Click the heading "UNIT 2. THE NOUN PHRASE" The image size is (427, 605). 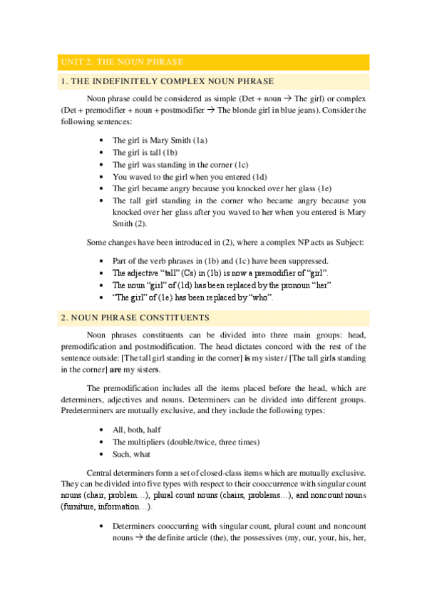tap(122, 63)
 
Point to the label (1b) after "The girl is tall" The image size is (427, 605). tap(170, 153)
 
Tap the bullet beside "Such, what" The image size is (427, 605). tap(105, 454)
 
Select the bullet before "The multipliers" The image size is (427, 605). tap(105, 442)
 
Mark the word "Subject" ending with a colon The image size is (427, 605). tap(347, 242)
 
